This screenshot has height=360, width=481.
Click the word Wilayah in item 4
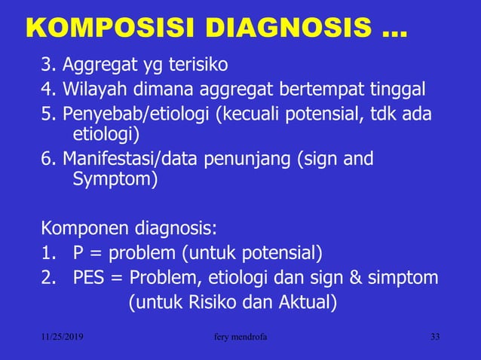[x=95, y=91]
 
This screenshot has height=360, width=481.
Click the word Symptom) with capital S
[x=115, y=181]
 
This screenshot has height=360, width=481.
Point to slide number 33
[x=434, y=337]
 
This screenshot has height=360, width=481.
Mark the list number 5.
[x=47, y=114]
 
